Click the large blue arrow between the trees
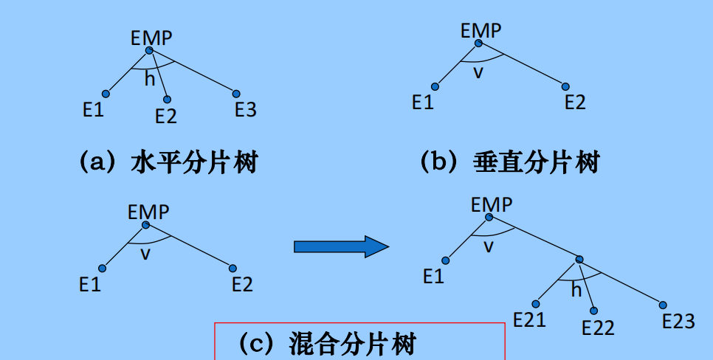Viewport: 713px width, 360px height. (x=340, y=246)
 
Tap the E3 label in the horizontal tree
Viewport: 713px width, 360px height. (x=246, y=110)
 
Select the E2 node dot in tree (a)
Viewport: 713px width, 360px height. (x=167, y=100)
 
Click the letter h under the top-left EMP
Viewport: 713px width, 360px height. (x=150, y=79)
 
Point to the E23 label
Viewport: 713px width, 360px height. (x=678, y=322)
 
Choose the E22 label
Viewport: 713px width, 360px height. (x=598, y=328)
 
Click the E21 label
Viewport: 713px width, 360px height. (x=530, y=320)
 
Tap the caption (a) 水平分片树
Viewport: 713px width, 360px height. (x=168, y=162)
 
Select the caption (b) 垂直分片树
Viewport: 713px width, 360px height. (x=509, y=162)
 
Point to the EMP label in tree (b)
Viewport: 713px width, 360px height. (x=480, y=31)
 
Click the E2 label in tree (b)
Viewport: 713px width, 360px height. (x=575, y=103)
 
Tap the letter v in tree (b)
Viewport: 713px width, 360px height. (x=478, y=72)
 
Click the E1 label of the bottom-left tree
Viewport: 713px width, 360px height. (x=90, y=284)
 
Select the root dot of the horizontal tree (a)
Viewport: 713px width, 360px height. (x=149, y=50)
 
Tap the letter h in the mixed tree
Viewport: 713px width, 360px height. (x=576, y=291)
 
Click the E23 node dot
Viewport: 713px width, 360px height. (x=663, y=305)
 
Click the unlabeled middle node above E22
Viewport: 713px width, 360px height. (x=579, y=260)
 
